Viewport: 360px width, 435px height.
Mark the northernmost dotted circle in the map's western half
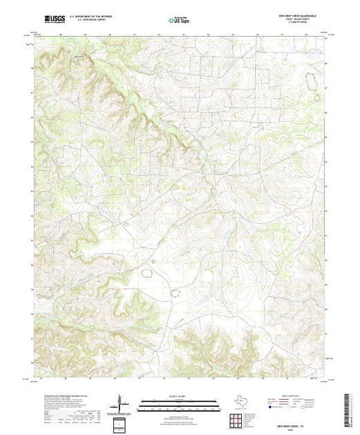click(126, 223)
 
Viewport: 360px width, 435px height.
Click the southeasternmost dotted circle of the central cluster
click(175, 291)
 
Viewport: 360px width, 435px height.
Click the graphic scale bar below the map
click(180, 405)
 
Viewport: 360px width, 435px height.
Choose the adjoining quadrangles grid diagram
click(237, 420)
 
